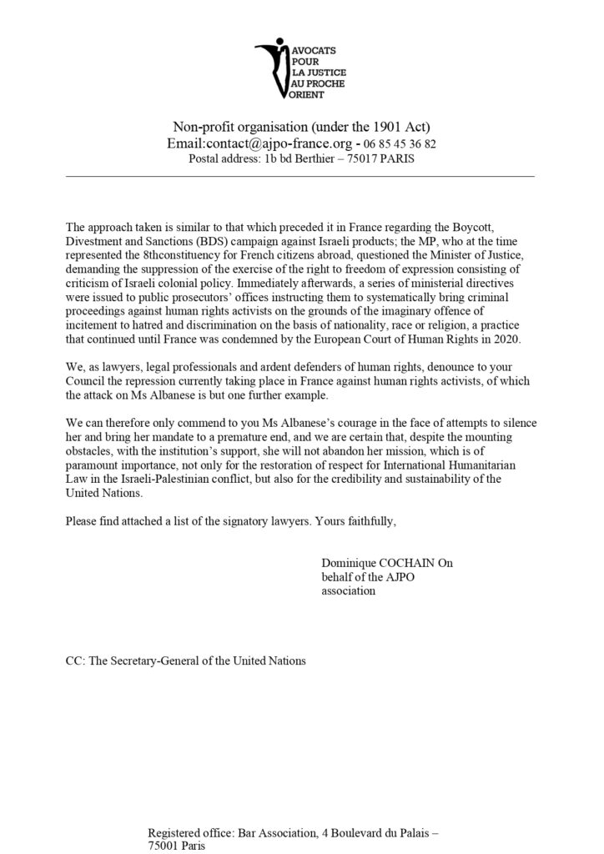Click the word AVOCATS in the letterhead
tap(305, 46)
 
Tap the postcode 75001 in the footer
tap(166, 845)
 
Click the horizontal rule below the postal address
tap(299, 176)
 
